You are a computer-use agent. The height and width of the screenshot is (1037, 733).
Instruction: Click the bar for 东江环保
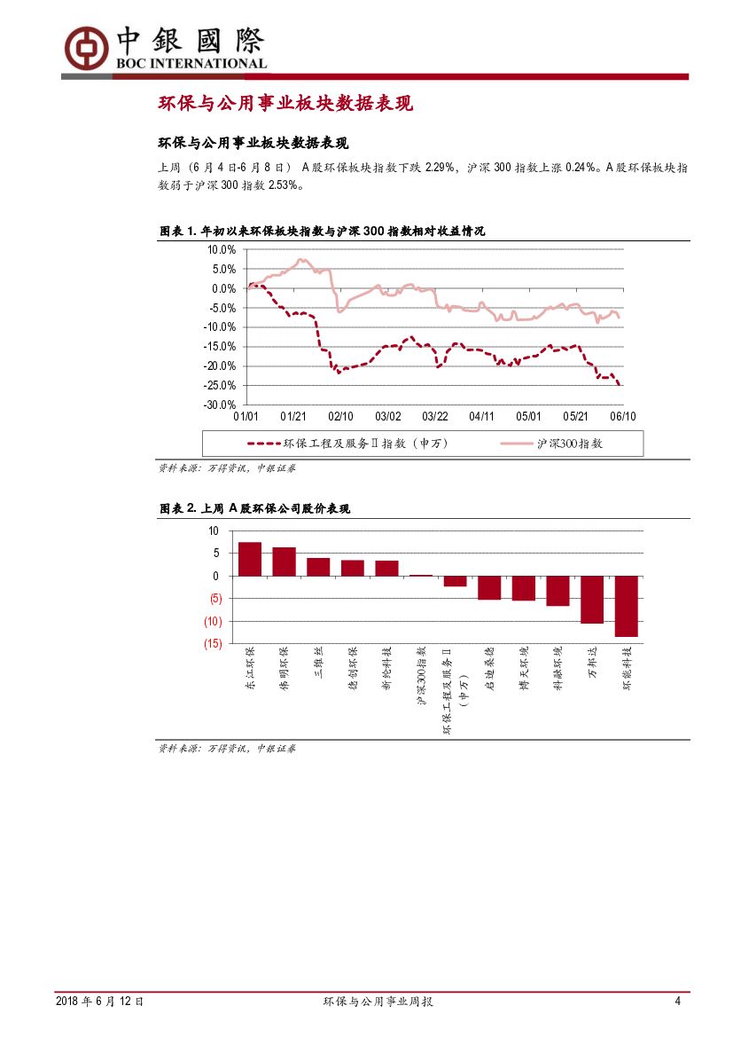pos(250,559)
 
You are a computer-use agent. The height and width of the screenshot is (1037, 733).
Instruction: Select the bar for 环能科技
pos(627,606)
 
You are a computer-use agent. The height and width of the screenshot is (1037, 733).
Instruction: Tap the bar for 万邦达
pos(592,600)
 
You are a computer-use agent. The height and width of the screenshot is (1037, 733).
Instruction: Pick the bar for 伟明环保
pos(284,562)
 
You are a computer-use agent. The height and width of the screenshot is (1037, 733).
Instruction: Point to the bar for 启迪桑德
pos(489,587)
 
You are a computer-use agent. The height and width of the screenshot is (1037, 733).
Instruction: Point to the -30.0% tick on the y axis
pos(222,405)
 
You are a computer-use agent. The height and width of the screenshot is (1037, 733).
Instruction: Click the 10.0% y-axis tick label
pos(222,249)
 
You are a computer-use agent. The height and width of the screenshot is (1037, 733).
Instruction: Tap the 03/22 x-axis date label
pos(434,416)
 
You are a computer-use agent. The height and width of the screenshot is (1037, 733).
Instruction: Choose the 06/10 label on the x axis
pos(623,416)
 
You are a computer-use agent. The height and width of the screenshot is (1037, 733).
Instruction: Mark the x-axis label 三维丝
pos(318,668)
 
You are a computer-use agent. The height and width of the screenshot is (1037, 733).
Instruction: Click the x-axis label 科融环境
pos(558,669)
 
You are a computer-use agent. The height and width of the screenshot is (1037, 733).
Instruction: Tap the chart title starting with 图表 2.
pos(254,508)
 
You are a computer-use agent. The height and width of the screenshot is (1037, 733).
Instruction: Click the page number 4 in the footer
pos(677,1002)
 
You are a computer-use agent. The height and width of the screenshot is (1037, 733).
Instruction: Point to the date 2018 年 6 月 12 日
pos(99,1002)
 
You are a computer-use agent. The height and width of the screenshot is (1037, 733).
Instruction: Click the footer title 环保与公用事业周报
pos(378,1002)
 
